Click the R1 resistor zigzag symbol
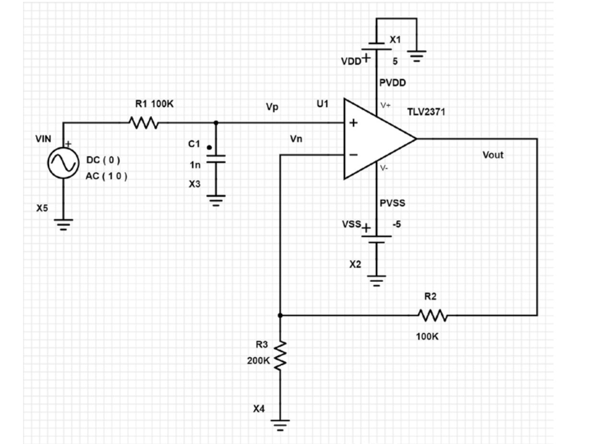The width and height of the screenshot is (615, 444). [143, 123]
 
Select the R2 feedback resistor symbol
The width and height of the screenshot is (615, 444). [433, 315]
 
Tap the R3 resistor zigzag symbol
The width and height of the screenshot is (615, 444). [280, 355]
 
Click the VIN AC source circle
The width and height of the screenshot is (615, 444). [63, 164]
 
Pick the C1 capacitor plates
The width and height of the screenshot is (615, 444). [216, 159]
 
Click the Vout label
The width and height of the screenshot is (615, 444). [493, 155]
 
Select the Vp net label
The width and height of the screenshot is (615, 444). [272, 107]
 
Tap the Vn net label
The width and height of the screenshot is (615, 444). [296, 139]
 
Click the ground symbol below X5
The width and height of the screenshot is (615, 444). [63, 224]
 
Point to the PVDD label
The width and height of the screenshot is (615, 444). [392, 82]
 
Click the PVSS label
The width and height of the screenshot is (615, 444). [392, 203]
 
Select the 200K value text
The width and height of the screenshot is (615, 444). [259, 361]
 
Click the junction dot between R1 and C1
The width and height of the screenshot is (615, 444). [216, 123]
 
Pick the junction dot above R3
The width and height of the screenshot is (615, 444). [280, 315]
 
